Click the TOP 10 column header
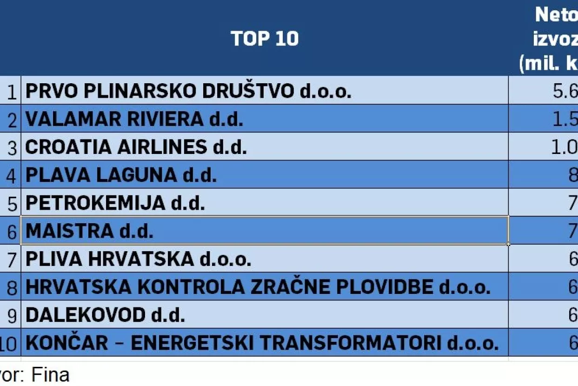(x=265, y=39)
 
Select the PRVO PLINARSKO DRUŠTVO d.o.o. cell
(x=188, y=91)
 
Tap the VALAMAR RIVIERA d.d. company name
(x=134, y=120)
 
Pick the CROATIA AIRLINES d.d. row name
(x=136, y=147)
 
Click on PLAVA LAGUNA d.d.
(x=121, y=175)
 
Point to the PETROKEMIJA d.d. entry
(x=115, y=203)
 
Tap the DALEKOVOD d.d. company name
(x=105, y=315)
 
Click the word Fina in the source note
(x=50, y=375)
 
